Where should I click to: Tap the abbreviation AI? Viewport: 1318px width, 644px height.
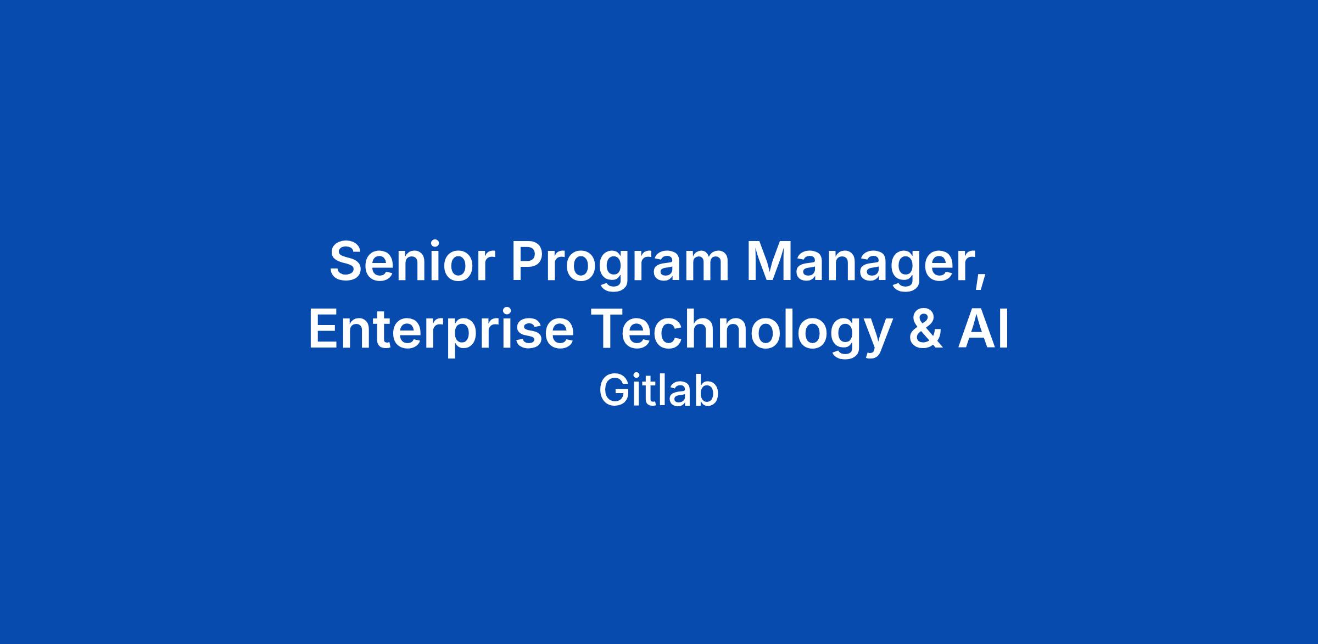click(984, 328)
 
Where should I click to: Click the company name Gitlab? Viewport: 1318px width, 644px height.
click(658, 391)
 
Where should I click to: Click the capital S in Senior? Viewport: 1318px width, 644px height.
click(348, 261)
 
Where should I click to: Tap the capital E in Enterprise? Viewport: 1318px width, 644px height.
click(325, 328)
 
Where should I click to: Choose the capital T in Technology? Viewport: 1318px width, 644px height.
click(607, 328)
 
